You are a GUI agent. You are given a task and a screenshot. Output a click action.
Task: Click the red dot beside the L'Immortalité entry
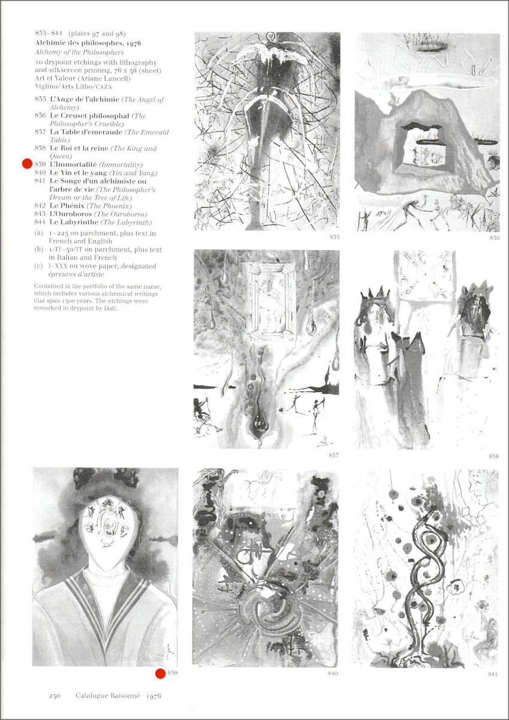28,164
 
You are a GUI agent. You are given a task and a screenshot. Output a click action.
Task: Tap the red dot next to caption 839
160,673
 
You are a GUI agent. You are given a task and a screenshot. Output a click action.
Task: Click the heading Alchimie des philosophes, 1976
88,43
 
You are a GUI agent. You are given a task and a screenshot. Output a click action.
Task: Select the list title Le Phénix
67,206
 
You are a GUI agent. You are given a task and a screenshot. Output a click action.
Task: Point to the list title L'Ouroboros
71,214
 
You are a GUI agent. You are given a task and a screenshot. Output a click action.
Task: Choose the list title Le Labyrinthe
74,222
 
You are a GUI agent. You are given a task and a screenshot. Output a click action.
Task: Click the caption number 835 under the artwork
335,237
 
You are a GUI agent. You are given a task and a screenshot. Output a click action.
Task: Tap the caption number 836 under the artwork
494,238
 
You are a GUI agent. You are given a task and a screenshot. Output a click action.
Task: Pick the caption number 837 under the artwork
334,455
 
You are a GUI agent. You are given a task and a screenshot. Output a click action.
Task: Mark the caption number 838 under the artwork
493,456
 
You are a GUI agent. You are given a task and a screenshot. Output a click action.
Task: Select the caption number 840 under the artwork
333,673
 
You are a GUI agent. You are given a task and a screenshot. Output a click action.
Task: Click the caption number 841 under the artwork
493,674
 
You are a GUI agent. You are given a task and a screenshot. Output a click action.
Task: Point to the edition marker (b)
38,250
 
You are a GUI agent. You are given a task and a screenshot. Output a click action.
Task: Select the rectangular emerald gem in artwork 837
272,300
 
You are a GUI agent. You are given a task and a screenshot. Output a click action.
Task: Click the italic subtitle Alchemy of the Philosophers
79,52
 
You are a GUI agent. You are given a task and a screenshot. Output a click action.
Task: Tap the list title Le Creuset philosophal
89,116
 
